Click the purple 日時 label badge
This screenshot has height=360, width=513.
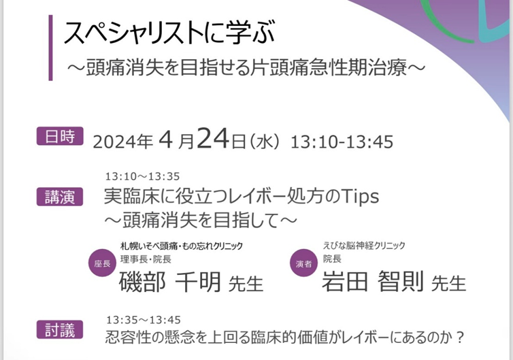coord(60,136)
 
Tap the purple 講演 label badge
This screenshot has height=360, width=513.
coord(60,197)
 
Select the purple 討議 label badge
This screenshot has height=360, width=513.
coord(60,329)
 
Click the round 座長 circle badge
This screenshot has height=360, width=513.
coord(103,263)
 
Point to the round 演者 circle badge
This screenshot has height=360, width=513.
coord(304,263)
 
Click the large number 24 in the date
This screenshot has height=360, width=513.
coord(213,139)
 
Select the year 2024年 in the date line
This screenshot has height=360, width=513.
coord(123,142)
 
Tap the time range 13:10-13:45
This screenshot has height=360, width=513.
coord(342,142)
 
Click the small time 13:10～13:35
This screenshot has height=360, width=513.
coord(143,177)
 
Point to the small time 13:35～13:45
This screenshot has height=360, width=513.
coord(144,320)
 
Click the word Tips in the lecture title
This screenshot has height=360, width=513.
coord(360,197)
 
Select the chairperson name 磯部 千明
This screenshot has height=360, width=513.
coord(170,282)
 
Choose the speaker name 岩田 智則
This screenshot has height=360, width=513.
coord(373,281)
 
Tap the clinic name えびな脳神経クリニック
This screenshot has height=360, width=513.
coord(364,246)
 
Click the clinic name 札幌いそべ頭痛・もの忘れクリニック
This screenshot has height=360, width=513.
coord(182,246)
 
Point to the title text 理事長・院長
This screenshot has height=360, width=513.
coord(146,259)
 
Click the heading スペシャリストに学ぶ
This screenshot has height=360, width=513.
coord(169,33)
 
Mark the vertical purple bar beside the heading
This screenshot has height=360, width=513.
coord(51,48)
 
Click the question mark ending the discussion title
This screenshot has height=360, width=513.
coord(460,338)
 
